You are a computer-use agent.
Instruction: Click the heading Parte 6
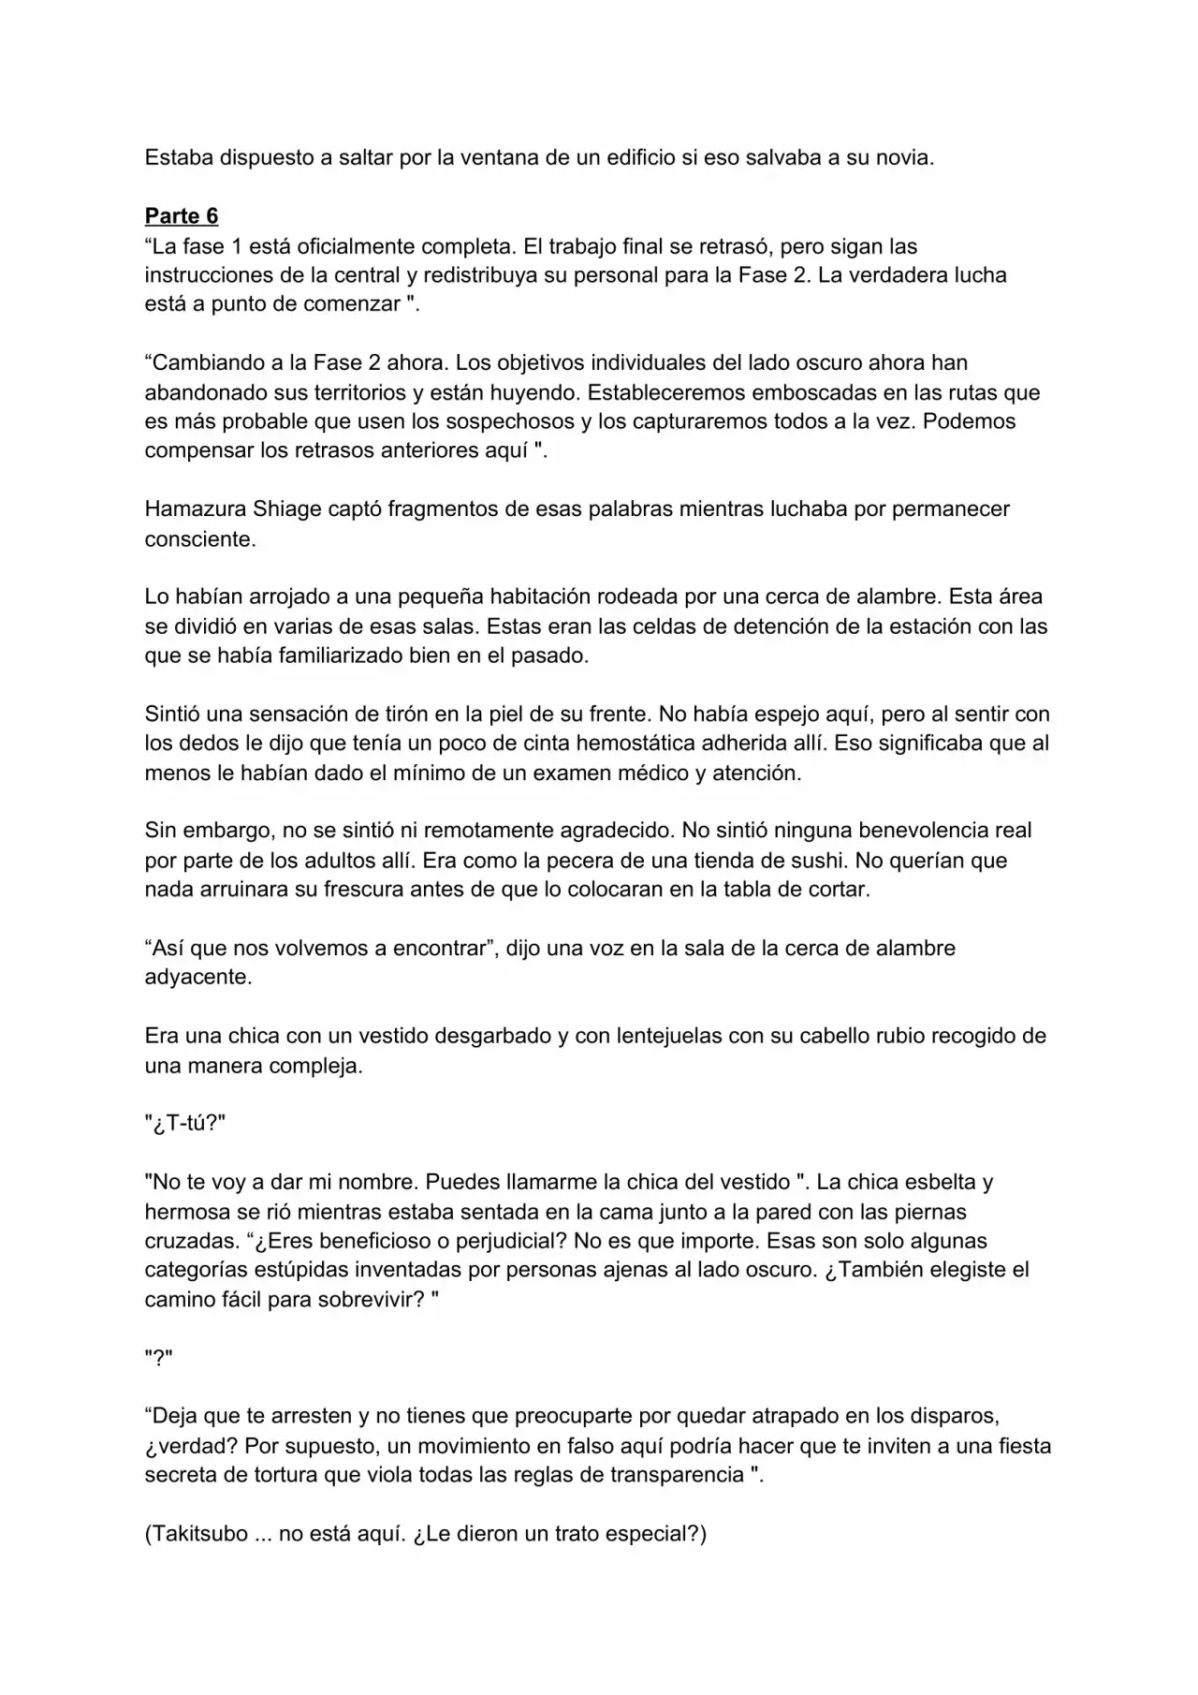tap(182, 216)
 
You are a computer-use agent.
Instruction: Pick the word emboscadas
tap(809, 392)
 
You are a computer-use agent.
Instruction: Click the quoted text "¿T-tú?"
tap(185, 1123)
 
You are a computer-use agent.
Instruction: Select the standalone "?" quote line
tap(158, 1358)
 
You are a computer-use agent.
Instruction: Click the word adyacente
tap(198, 977)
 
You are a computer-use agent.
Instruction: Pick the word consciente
tap(199, 539)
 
